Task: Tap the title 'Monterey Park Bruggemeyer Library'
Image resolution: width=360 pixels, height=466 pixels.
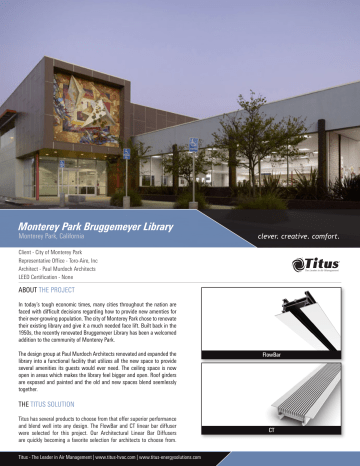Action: [101, 227]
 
